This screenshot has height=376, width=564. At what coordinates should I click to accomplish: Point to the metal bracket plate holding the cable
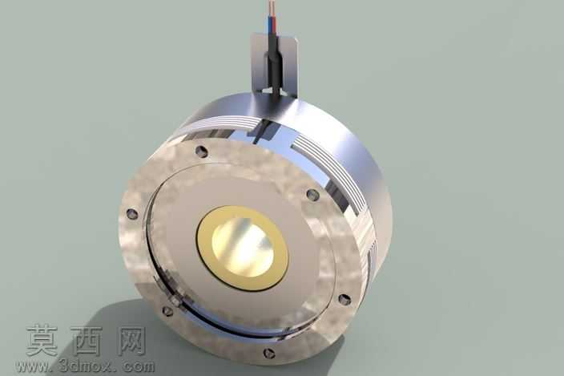pos(275,65)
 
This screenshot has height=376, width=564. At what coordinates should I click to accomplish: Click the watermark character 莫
pos(42,340)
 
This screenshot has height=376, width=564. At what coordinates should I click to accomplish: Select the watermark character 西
pos(86,340)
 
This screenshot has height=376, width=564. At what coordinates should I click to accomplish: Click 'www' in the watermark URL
pos(31,366)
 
